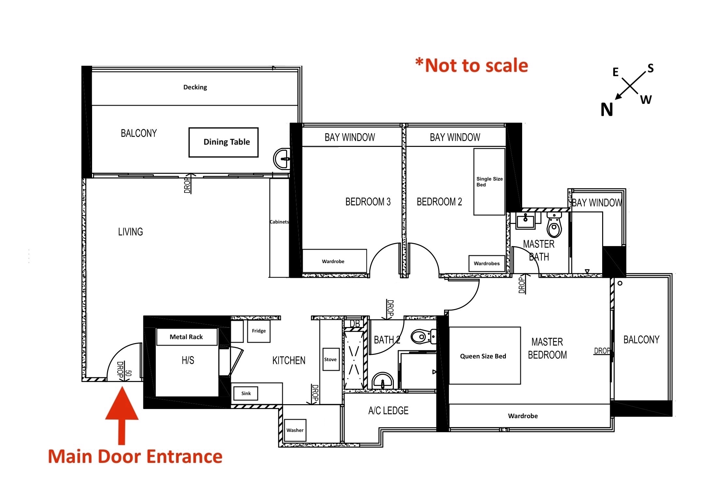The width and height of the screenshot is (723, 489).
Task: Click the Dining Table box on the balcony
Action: pyautogui.click(x=223, y=142)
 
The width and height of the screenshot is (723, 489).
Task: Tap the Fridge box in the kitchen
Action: pyautogui.click(x=259, y=331)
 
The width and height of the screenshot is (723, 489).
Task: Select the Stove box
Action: pyautogui.click(x=331, y=359)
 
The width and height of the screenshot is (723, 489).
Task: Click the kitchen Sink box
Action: pyautogui.click(x=246, y=393)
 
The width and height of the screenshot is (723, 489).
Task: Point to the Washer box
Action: pyautogui.click(x=295, y=430)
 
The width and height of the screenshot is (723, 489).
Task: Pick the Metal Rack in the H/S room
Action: pyautogui.click(x=187, y=337)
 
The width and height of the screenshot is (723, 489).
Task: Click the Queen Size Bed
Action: pyautogui.click(x=485, y=355)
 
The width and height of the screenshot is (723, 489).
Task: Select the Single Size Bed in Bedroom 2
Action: pyautogui.click(x=490, y=182)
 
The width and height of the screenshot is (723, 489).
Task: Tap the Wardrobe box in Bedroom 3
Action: pyautogui.click(x=335, y=261)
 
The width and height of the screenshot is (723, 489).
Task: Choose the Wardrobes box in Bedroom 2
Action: pyautogui.click(x=487, y=263)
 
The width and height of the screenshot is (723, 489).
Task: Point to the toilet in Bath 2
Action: pyautogui.click(x=424, y=337)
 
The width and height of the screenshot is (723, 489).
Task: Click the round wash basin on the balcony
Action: pyautogui.click(x=282, y=159)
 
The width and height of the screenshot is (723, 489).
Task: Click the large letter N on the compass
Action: pyautogui.click(x=607, y=110)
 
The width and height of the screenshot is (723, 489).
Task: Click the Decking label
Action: pyautogui.click(x=195, y=87)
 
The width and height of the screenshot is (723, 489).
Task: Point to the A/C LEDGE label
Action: pyautogui.click(x=388, y=410)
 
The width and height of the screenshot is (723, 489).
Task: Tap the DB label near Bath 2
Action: pyautogui.click(x=355, y=324)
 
